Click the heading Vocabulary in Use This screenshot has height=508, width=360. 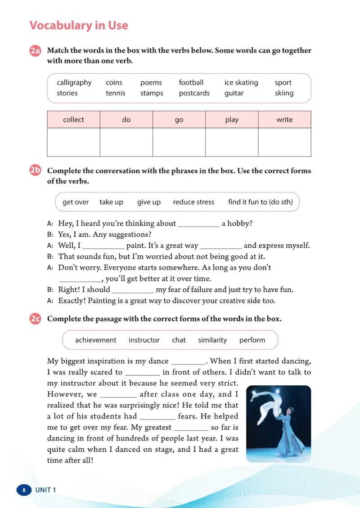(79, 26)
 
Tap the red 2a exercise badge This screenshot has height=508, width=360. (36, 51)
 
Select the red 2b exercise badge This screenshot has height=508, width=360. (36, 170)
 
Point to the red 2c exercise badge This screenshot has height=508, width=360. (36, 319)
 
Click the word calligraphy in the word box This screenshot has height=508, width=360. (74, 83)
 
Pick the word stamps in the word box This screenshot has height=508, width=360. (152, 94)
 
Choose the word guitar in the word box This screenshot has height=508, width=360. (234, 94)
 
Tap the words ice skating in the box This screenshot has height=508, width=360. (241, 83)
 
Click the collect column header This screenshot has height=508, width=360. (73, 120)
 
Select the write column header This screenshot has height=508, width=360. (284, 120)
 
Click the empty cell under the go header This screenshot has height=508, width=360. (179, 142)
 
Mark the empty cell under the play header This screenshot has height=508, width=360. (232, 142)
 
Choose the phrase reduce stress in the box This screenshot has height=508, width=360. (193, 202)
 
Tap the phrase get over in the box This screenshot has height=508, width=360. (76, 202)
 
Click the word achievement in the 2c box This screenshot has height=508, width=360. (95, 340)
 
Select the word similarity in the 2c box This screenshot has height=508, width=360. (212, 340)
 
